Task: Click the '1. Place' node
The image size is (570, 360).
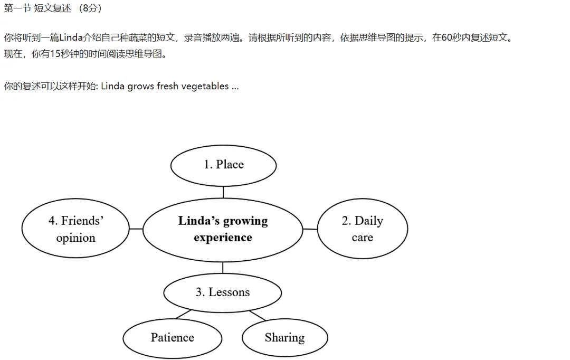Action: tap(224, 166)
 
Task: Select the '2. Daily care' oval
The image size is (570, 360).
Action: tap(363, 229)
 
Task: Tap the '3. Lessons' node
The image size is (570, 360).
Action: tap(223, 293)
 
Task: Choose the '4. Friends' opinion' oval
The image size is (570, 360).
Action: tap(75, 229)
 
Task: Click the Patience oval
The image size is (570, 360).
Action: tap(172, 338)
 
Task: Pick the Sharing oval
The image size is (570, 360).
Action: tap(284, 338)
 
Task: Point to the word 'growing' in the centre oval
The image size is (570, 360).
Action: tap(245, 221)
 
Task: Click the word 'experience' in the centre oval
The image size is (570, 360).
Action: tap(223, 238)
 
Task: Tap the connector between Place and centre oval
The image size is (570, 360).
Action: tap(223, 192)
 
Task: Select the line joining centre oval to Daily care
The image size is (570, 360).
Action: tap(310, 229)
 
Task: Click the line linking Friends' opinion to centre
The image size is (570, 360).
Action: tap(136, 229)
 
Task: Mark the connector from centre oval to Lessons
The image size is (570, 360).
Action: tap(223, 268)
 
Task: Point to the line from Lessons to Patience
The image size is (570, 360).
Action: tap(184, 314)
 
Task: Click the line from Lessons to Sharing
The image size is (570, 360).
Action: tap(258, 316)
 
